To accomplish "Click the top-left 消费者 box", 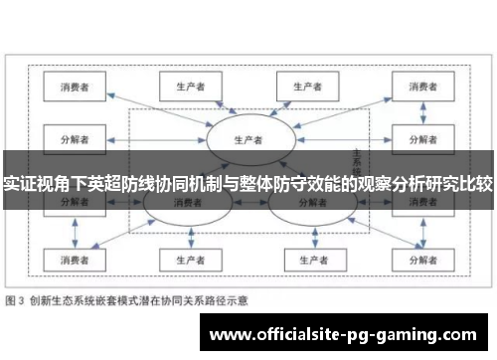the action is tap(76, 86).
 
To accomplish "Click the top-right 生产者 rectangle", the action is tap(309, 86).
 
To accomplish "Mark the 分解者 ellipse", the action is tap(306, 205).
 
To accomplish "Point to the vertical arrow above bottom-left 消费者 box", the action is tap(76, 236).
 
